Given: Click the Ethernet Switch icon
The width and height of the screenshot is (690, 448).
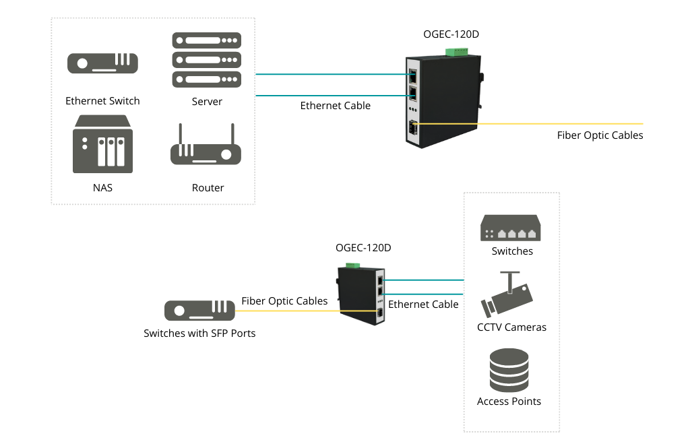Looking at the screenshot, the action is [102, 63].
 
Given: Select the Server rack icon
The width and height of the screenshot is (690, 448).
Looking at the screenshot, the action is [206, 59].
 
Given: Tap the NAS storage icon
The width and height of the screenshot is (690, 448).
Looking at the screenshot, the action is [102, 144].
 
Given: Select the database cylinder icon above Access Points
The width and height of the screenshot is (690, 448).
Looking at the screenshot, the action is [509, 370].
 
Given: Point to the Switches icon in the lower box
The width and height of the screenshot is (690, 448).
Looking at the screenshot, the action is [511, 228].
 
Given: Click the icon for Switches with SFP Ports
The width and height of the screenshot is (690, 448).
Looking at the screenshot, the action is [199, 311].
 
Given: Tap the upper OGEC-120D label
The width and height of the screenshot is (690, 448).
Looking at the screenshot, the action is [451, 34].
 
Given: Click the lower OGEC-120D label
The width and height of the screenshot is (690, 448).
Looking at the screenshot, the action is [363, 248].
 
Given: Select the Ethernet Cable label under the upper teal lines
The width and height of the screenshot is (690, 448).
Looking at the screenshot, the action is [336, 106].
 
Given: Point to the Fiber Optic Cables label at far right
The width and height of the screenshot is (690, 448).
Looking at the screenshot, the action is [600, 135].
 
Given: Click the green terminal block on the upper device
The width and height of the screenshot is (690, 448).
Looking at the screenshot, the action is [456, 53].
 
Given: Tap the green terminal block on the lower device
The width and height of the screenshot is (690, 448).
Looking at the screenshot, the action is [353, 265].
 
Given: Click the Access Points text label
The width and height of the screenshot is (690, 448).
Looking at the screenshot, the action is [509, 402].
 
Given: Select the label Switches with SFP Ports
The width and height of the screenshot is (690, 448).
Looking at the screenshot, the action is [199, 333].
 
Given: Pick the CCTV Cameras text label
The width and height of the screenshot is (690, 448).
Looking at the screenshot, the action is [511, 327].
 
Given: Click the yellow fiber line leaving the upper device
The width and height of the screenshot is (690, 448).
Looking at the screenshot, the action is [528, 124].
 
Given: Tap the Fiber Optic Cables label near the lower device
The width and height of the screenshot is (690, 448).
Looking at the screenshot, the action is [284, 301].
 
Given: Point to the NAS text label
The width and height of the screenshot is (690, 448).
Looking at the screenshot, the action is [102, 188].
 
